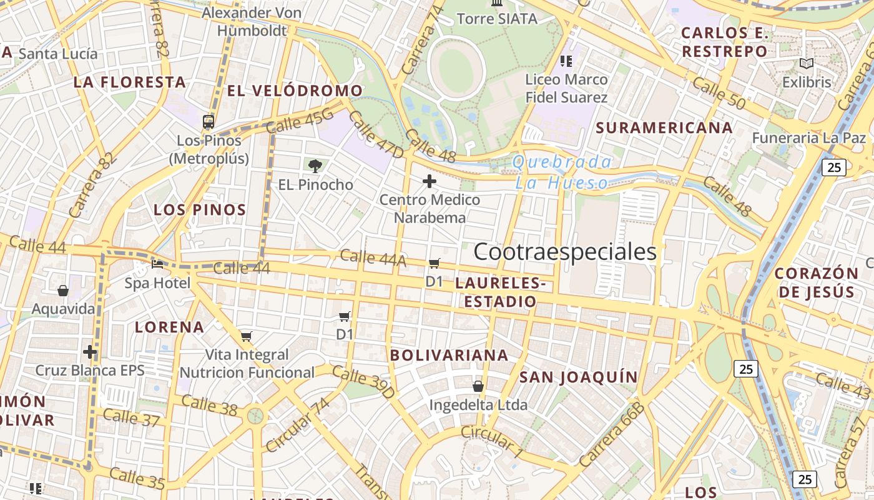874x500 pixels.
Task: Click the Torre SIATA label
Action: pyautogui.click(x=497, y=19)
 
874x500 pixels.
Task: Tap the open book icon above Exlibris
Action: pyautogui.click(x=807, y=63)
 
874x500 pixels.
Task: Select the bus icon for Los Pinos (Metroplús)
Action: pyautogui.click(x=209, y=121)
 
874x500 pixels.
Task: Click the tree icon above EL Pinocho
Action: pyautogui.click(x=315, y=166)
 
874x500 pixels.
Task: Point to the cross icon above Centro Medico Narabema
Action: pyautogui.click(x=430, y=181)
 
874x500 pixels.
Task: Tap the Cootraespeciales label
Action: pyautogui.click(x=565, y=252)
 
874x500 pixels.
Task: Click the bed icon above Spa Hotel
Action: pyautogui.click(x=157, y=264)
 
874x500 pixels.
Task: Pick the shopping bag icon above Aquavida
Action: pyautogui.click(x=63, y=291)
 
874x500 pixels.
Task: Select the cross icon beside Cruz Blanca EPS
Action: pyautogui.click(x=90, y=352)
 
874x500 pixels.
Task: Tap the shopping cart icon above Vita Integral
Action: pyautogui.click(x=247, y=337)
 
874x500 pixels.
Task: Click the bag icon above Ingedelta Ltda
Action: pyautogui.click(x=478, y=386)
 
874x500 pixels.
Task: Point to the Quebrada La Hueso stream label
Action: pyautogui.click(x=562, y=172)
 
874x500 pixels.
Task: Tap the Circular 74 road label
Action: pyautogui.click(x=297, y=425)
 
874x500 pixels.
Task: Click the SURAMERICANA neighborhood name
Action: pyautogui.click(x=664, y=128)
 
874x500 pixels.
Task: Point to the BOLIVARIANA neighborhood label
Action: pyautogui.click(x=449, y=355)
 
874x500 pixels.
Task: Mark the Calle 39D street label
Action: pyautogui.click(x=363, y=382)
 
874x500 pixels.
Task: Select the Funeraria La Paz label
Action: pyautogui.click(x=809, y=137)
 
